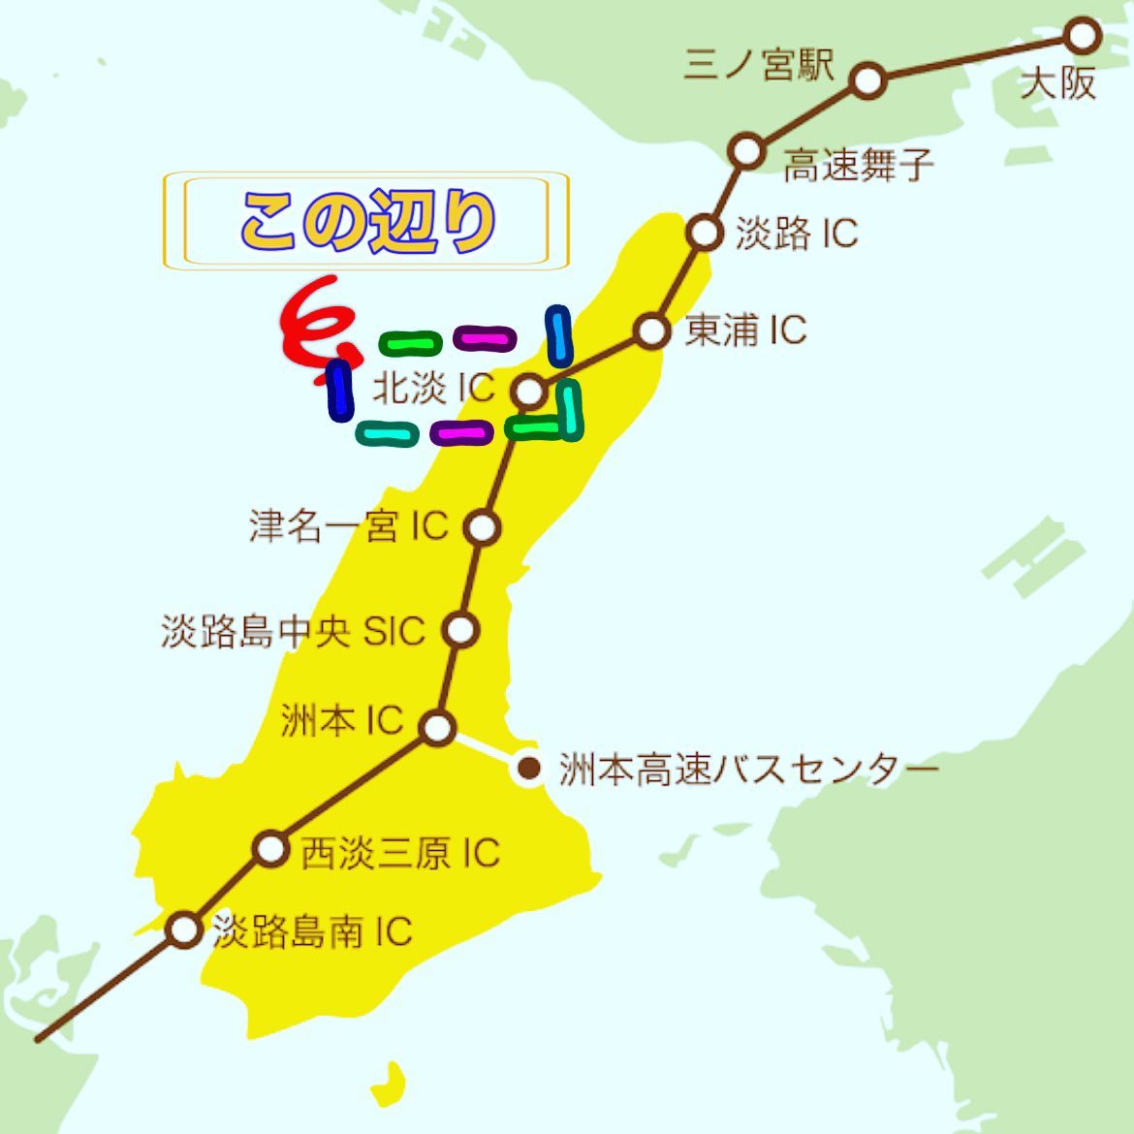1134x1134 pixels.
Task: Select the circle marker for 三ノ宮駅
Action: pyautogui.click(x=868, y=80)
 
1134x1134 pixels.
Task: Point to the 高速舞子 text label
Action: pyautogui.click(x=858, y=165)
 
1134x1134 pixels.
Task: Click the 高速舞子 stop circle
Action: pyautogui.click(x=745, y=152)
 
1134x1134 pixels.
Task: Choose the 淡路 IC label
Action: pyautogui.click(x=796, y=234)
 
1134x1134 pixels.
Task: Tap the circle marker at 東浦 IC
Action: pyautogui.click(x=652, y=331)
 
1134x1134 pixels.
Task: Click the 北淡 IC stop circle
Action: pyautogui.click(x=529, y=392)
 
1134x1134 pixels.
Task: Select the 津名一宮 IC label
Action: pyautogui.click(x=348, y=526)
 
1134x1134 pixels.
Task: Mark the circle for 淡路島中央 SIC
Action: pyautogui.click(x=462, y=630)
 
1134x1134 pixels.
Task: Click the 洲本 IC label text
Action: pyautogui.click(x=341, y=720)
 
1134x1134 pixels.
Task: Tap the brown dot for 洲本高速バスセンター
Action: pyautogui.click(x=529, y=769)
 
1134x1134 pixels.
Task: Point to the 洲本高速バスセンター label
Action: pyautogui.click(x=748, y=770)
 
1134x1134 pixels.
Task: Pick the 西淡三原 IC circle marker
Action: pyautogui.click(x=271, y=849)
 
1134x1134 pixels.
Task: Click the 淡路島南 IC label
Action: pyautogui.click(x=312, y=931)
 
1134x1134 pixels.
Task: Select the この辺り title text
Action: pyautogui.click(x=367, y=222)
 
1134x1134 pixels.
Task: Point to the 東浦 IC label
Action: pyautogui.click(x=745, y=331)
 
